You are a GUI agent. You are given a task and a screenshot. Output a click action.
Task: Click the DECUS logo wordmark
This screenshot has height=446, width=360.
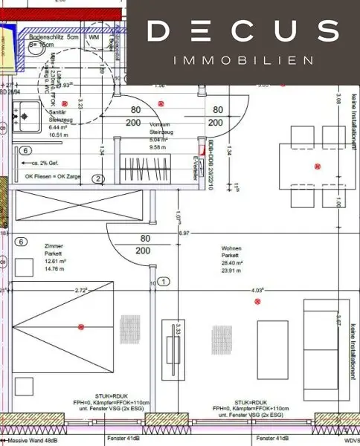pos(242,31)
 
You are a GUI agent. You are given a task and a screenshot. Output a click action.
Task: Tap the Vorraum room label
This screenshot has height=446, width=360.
pos(160,126)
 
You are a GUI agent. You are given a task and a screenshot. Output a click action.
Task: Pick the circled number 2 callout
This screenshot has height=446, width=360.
pos(97,178)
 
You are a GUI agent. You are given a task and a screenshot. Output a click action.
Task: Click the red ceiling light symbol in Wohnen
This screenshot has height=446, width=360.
pos(257,301)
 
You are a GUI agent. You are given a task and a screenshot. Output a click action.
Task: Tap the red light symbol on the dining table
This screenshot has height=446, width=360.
pos(318,166)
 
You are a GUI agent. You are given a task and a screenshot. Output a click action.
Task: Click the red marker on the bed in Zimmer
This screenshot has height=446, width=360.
pos(81,326)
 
